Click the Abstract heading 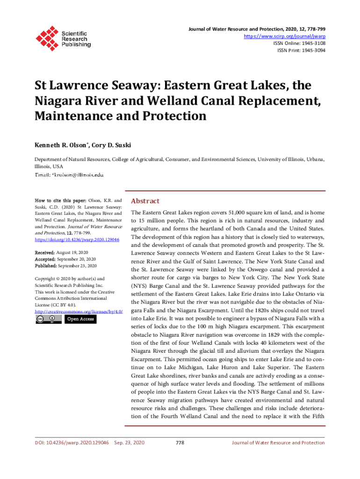coord(145,201)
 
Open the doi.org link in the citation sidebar coord(77,239)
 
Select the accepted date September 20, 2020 coord(76,259)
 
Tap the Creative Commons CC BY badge coord(48,319)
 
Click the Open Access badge coord(80,319)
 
